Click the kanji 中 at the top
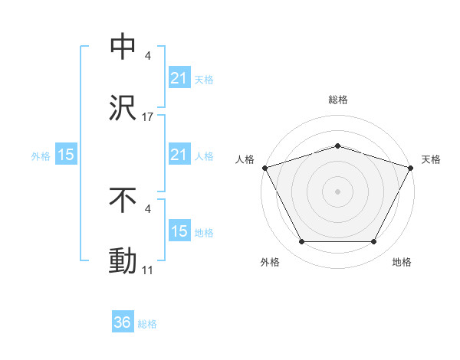pos(123,47)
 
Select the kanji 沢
pos(123,107)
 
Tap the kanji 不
pos(123,201)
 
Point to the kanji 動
pos(123,260)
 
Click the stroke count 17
pos(148,117)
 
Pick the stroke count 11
pos(148,270)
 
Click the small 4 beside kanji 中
pos(148,57)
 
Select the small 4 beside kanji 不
pos(148,209)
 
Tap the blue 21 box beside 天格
pos(179,78)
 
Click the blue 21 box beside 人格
pos(179,155)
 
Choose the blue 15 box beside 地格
pos(179,231)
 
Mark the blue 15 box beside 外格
pos(66,155)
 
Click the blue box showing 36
pos(123,322)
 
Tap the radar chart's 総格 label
pos(337,100)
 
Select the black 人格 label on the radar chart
pos(245,159)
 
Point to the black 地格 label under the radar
pos(402,262)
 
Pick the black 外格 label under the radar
pos(270,262)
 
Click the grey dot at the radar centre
pos(337,191)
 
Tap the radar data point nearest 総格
pos(337,146)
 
